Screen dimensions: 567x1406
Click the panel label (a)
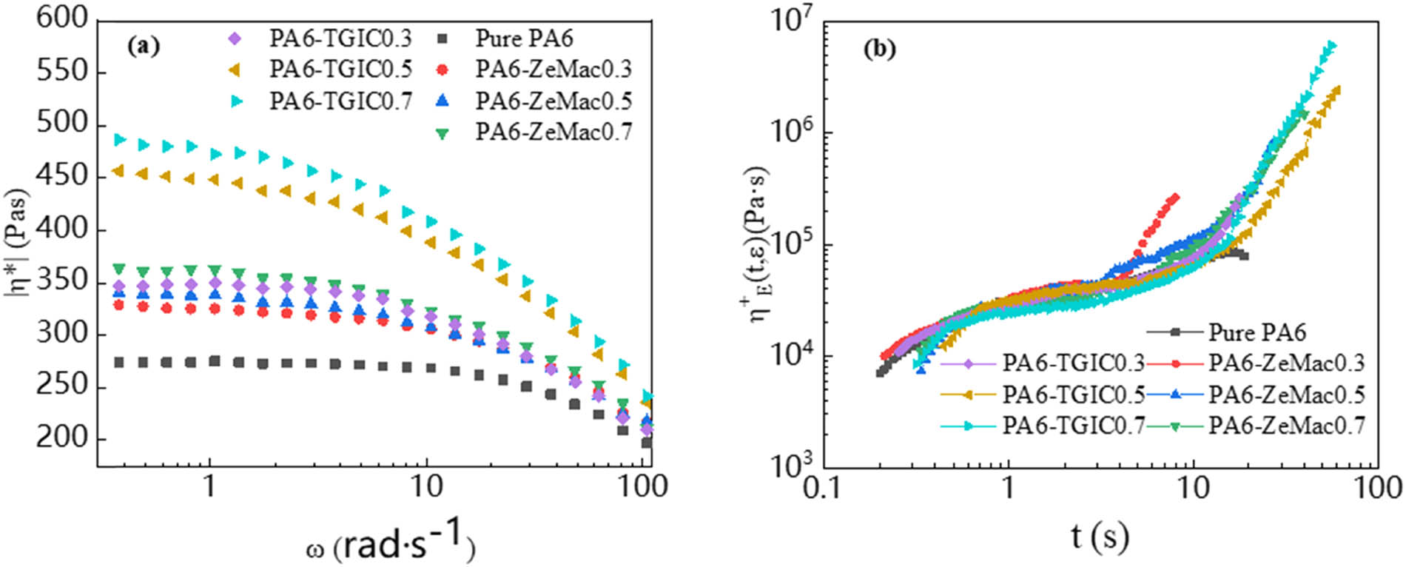click(x=144, y=46)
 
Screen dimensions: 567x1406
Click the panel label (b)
click(x=881, y=49)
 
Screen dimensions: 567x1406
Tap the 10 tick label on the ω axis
click(x=425, y=486)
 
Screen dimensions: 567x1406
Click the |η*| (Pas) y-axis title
click(x=16, y=244)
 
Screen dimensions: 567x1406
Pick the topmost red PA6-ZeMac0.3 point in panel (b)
click(x=1175, y=197)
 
